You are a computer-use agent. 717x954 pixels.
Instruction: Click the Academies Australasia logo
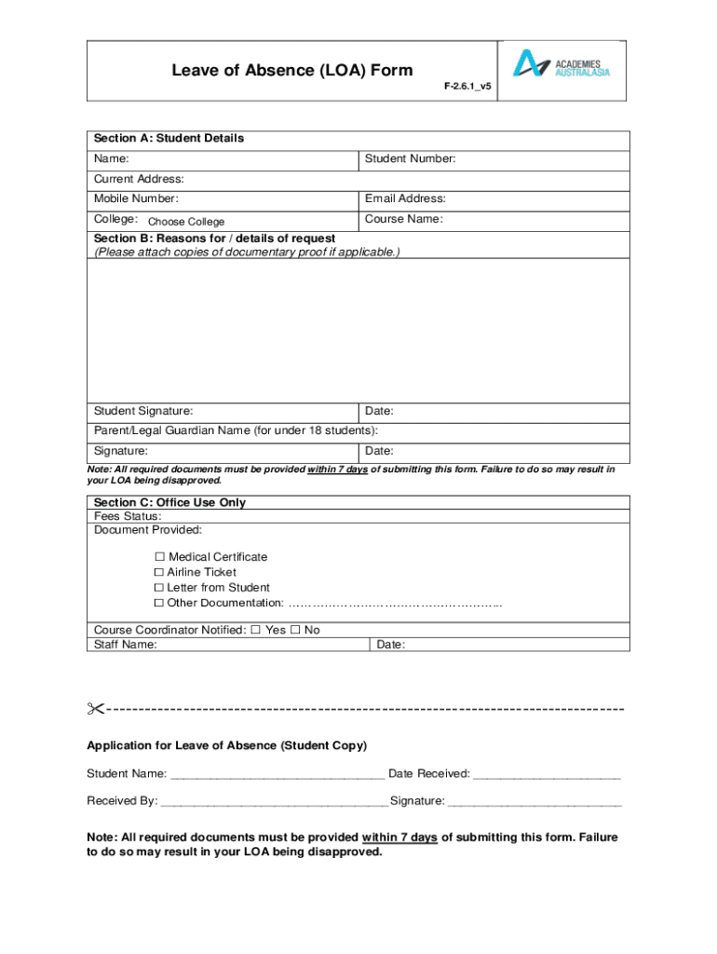click(562, 63)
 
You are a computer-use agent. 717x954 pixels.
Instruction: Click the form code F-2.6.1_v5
click(467, 86)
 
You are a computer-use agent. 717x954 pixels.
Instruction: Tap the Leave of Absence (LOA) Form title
click(291, 71)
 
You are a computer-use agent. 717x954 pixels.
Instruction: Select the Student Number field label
click(410, 159)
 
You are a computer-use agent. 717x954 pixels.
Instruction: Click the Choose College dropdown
click(186, 222)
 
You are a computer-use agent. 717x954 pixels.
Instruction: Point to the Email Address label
click(405, 198)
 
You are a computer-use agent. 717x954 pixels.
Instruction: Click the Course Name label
click(403, 220)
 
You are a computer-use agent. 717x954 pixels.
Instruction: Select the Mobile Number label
click(136, 198)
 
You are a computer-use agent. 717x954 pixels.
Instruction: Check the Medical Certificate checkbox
click(158, 557)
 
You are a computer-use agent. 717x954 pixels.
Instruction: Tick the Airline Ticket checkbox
click(158, 573)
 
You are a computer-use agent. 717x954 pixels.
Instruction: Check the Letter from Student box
click(158, 588)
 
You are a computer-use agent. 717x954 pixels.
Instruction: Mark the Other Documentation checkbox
click(158, 604)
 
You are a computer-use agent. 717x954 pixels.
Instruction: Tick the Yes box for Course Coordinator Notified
click(255, 630)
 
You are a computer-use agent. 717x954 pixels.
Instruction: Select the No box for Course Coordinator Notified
click(295, 630)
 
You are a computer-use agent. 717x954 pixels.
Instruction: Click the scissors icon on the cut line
click(95, 710)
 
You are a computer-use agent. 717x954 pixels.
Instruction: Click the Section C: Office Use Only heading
click(169, 503)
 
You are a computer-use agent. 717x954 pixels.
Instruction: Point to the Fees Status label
click(128, 516)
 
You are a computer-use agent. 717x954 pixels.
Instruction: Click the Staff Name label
click(126, 645)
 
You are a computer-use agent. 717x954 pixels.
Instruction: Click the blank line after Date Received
click(547, 775)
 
